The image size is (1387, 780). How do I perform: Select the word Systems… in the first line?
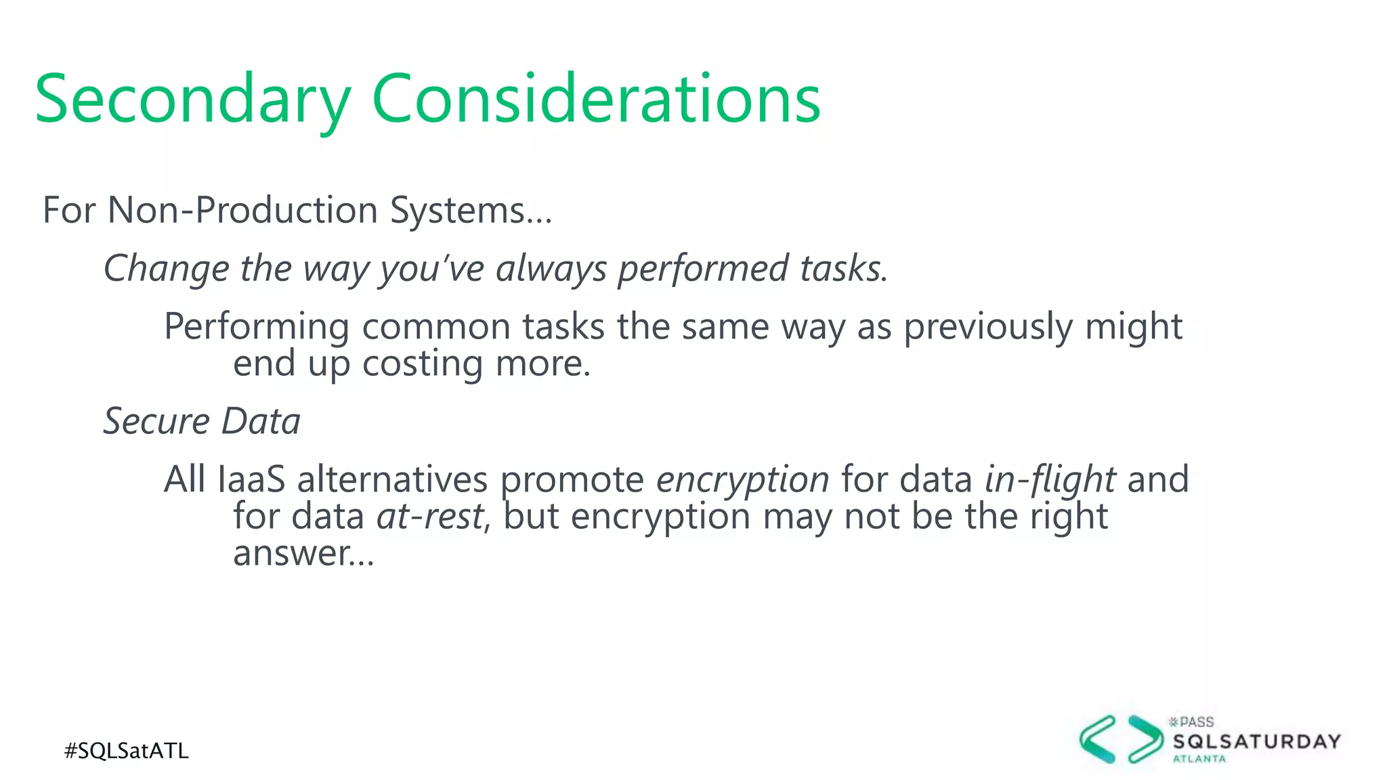click(x=471, y=210)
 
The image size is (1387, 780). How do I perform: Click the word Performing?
click(x=256, y=326)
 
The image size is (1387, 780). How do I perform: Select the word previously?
click(x=988, y=326)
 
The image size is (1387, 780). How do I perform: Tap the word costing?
click(x=423, y=364)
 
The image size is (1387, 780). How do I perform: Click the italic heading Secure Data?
click(x=202, y=421)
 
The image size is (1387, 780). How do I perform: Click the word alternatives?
click(x=392, y=479)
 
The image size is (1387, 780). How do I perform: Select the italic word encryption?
click(x=742, y=479)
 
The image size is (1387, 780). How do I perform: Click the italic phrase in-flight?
click(x=1049, y=479)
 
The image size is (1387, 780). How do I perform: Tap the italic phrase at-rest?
click(x=430, y=517)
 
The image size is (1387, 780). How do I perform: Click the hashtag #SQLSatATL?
click(x=127, y=751)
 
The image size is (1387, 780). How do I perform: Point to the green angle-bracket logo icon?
click(x=1122, y=739)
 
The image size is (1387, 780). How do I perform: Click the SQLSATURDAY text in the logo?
click(x=1257, y=741)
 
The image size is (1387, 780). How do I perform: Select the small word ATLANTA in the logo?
click(x=1199, y=759)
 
